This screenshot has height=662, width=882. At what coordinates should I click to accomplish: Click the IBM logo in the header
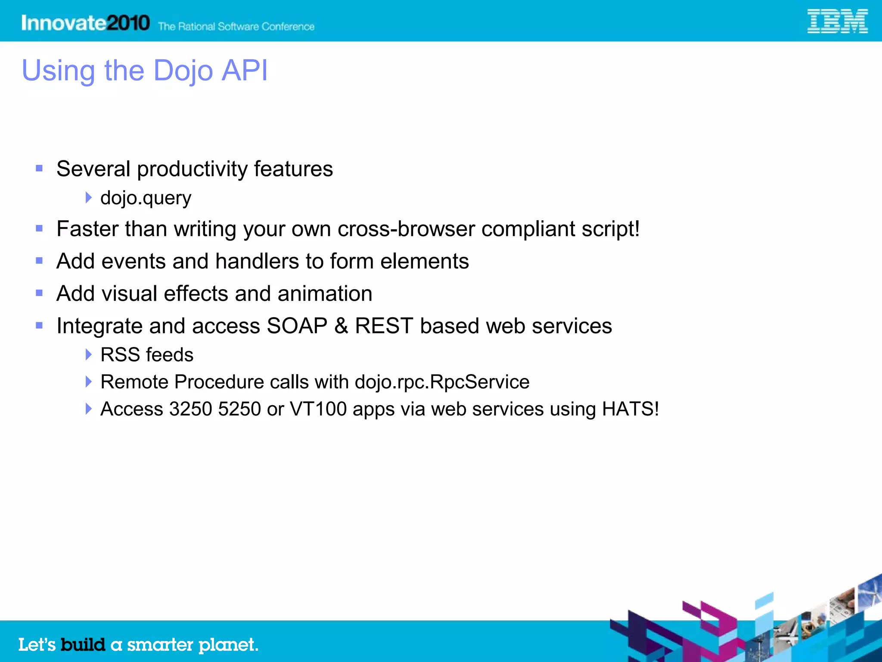click(837, 22)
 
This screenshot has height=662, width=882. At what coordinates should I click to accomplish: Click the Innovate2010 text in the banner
click(85, 23)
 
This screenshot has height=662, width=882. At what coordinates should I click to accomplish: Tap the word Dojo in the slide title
click(183, 70)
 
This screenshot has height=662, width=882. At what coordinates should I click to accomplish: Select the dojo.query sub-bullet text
click(146, 198)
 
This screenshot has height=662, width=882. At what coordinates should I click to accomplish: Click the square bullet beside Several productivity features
click(39, 169)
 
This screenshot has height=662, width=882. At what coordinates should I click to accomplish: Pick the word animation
click(325, 294)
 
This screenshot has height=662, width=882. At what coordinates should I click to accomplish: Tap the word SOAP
click(297, 326)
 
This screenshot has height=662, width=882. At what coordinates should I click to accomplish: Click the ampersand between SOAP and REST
click(341, 326)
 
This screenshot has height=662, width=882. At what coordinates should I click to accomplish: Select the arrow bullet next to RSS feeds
click(88, 355)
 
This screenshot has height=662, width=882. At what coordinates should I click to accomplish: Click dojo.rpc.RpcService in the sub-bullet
click(442, 382)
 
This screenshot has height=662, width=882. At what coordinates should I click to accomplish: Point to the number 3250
click(190, 409)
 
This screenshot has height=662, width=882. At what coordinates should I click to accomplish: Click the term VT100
click(318, 409)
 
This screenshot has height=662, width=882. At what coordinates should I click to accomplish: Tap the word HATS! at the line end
click(630, 409)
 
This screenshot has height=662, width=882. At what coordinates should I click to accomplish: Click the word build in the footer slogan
click(83, 645)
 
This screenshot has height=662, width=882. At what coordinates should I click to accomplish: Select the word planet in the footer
click(228, 645)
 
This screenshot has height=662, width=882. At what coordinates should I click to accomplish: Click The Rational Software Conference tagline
click(236, 27)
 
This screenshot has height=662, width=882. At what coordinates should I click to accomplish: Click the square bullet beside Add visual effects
click(39, 294)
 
